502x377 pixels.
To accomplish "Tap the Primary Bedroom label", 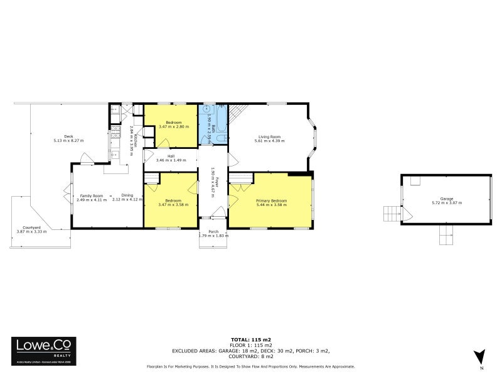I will pyautogui.click(x=271, y=200).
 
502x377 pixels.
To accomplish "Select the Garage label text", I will pyautogui.click(x=446, y=199).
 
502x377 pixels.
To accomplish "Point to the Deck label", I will pyautogui.click(x=68, y=136).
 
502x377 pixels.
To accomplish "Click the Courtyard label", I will pyautogui.click(x=31, y=227).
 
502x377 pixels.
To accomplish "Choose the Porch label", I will pyautogui.click(x=213, y=231).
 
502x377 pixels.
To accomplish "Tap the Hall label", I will pyautogui.click(x=171, y=156).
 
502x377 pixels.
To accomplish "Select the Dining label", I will pyautogui.click(x=127, y=195).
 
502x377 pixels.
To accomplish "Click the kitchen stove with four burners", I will pyautogui.click(x=115, y=133).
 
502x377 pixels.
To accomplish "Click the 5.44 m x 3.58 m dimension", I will pyautogui.click(x=271, y=205).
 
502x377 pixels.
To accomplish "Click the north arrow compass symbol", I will pyautogui.click(x=480, y=356).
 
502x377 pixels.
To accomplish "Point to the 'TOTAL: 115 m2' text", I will pyautogui.click(x=250, y=340).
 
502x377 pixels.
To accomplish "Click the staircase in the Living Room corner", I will pyautogui.click(x=237, y=114).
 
